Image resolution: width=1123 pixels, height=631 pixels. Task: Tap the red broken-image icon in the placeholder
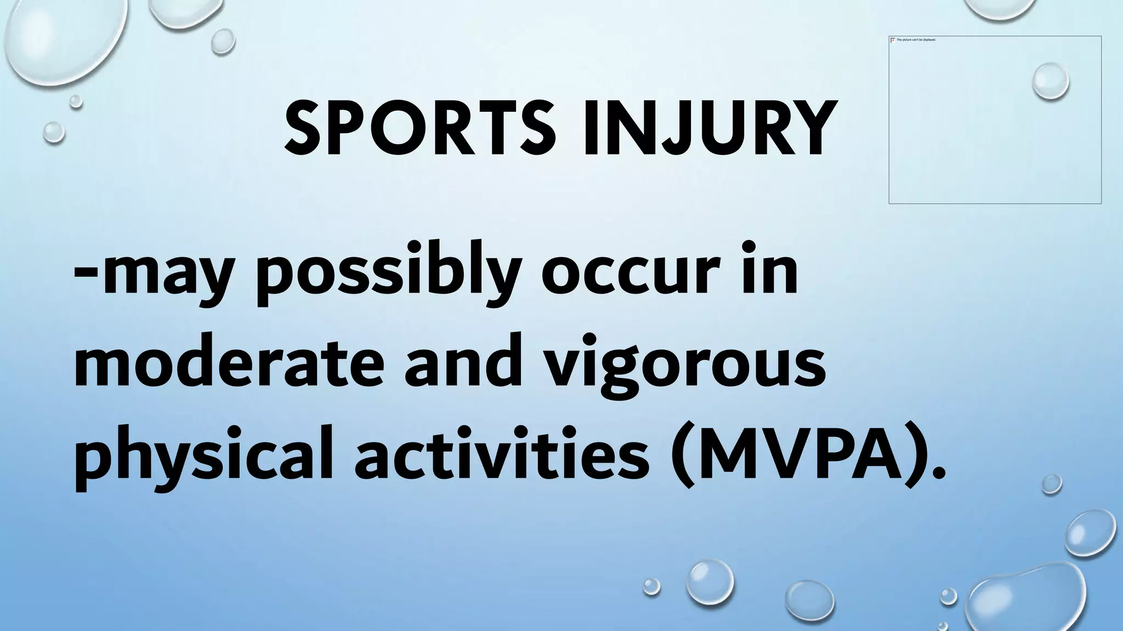893,40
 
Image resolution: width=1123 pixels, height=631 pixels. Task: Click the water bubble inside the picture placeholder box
1050,81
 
